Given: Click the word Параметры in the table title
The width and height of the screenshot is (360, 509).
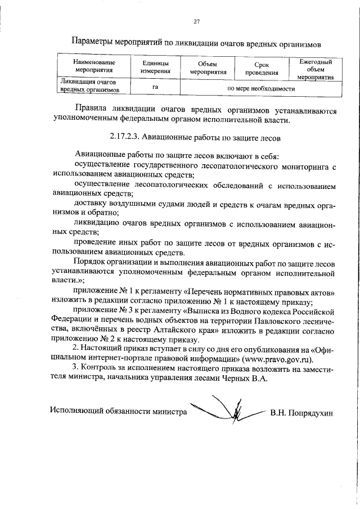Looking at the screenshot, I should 94,42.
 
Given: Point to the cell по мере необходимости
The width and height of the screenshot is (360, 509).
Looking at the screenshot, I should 260,88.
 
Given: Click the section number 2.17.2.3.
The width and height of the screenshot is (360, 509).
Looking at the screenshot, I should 123,136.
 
